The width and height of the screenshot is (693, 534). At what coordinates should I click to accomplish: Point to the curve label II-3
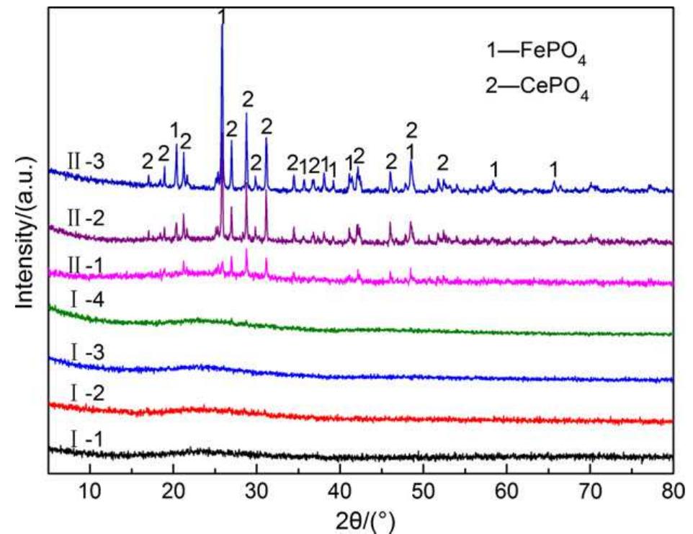click(x=86, y=159)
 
